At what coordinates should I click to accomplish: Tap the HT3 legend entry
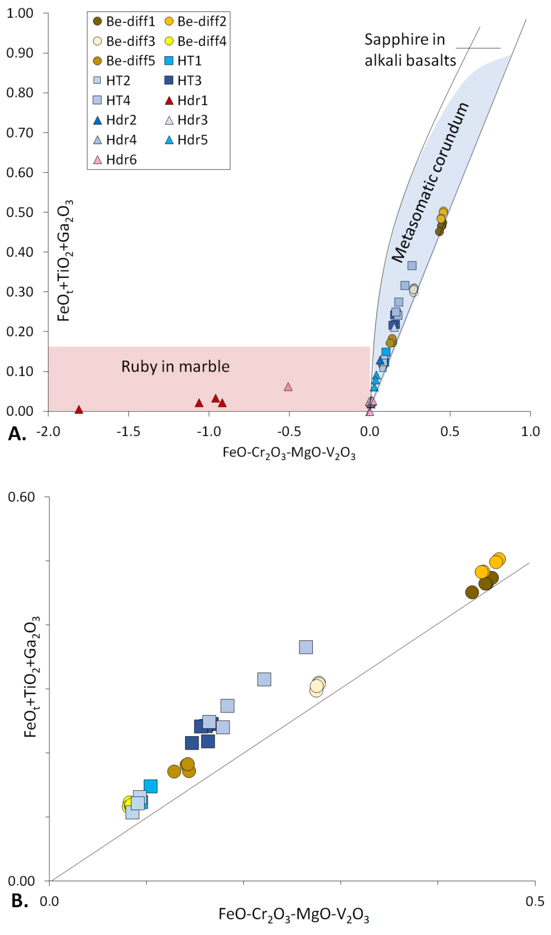183,81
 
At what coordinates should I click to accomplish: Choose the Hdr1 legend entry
186,101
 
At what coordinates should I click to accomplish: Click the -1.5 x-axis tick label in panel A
128,432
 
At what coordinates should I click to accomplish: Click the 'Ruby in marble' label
175,367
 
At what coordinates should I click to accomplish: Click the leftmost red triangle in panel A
79,409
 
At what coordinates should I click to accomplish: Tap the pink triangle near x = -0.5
288,387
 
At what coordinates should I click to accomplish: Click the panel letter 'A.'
17,434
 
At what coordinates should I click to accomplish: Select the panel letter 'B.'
20,901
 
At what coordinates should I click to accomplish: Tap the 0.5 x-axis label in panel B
535,902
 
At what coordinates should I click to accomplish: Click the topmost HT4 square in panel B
306,647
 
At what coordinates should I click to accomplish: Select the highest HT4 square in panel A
412,265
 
